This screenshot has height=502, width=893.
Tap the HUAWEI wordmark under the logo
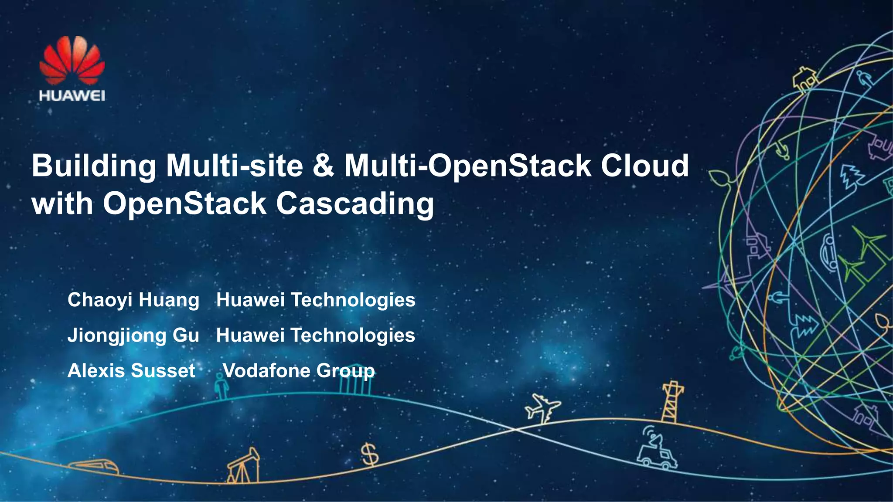pos(72,96)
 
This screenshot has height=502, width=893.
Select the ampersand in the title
pos(323,166)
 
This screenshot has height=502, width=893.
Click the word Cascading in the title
pos(355,204)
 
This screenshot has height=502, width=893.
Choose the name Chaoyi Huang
pos(133,300)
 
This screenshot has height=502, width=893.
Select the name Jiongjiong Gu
pos(133,336)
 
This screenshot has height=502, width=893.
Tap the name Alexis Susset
pos(131,371)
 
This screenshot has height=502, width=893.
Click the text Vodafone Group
pos(299,371)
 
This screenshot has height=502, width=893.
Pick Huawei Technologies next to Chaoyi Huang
pos(316,300)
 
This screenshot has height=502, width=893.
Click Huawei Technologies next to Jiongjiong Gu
pos(316,336)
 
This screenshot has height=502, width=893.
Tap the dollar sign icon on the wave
pos(370,454)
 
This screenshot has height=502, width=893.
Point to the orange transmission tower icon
pos(672,402)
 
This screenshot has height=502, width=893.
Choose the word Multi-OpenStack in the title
pos(467,166)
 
